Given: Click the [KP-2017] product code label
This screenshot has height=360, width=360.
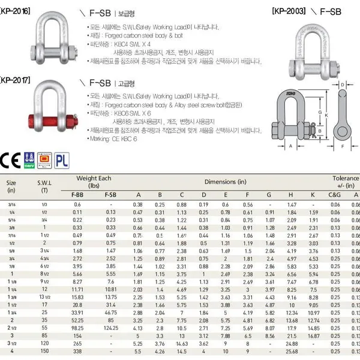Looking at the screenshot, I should [x=15, y=79].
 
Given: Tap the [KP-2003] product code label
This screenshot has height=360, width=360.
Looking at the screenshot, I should [x=290, y=11].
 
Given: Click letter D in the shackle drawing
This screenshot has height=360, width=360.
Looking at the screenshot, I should [x=341, y=85].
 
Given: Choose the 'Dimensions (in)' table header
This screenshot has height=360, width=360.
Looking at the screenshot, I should [x=225, y=181].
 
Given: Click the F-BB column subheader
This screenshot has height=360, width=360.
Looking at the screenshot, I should [x=77, y=195].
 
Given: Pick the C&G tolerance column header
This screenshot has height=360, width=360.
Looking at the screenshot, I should [x=335, y=195].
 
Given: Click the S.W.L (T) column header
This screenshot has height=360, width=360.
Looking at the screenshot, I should [x=45, y=184].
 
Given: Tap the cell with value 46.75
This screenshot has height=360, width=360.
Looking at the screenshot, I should [x=110, y=313].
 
